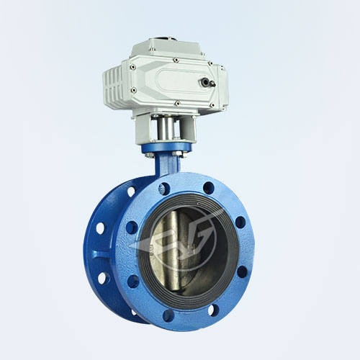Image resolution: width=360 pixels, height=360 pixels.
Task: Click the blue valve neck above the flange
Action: pos(166,170)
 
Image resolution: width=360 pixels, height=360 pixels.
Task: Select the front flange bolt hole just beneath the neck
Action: pos(164,189)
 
